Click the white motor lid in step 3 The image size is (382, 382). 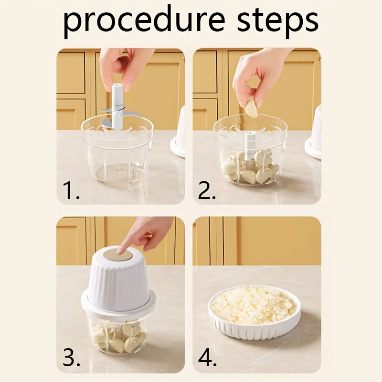(x=118, y=282)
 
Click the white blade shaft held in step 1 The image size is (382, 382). (x=117, y=103)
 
